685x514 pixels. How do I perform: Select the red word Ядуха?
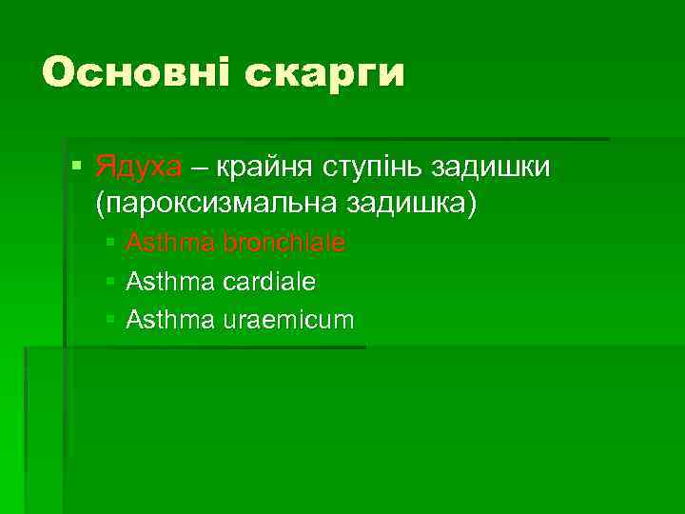pyautogui.click(x=138, y=168)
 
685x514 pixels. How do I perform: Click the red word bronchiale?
pyautogui.click(x=284, y=244)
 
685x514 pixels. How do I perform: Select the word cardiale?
pyautogui.click(x=269, y=282)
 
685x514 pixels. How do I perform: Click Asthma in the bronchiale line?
pyautogui.click(x=170, y=244)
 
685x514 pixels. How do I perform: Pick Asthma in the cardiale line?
pyautogui.click(x=170, y=282)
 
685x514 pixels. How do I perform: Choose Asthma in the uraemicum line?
pyautogui.click(x=170, y=320)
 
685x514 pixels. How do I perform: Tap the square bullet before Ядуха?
pyautogui.click(x=78, y=168)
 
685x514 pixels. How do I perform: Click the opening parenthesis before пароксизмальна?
pyautogui.click(x=101, y=204)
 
